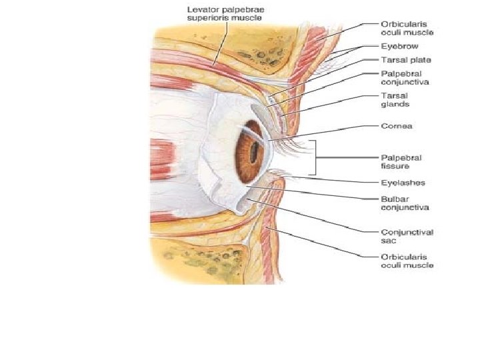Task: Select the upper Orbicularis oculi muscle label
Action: [407, 27]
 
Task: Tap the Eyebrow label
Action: [400, 47]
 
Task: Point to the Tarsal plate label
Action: [404, 59]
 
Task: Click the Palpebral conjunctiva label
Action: [405, 77]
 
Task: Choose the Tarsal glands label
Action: [395, 100]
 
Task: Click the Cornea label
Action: [396, 125]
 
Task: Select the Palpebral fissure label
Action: [397, 161]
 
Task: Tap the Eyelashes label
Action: [403, 182]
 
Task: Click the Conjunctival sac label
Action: [407, 236]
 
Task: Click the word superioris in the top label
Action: [207, 18]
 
